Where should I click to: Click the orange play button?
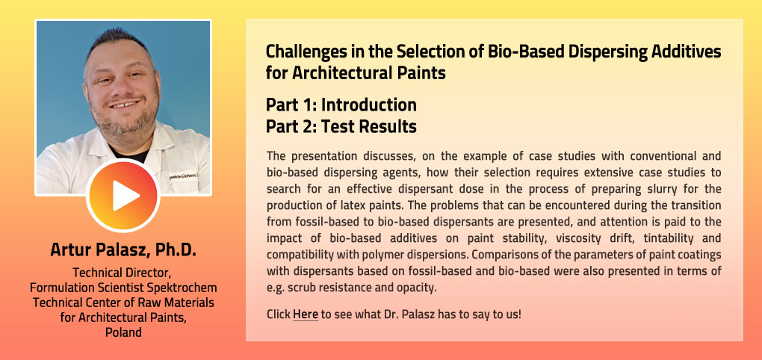tap(123, 195)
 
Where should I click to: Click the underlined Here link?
tap(306, 314)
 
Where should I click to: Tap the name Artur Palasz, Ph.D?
tap(123, 249)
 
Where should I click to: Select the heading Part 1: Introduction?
tap(341, 105)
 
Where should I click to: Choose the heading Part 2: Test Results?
tap(341, 127)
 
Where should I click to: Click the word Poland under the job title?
tap(123, 332)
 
